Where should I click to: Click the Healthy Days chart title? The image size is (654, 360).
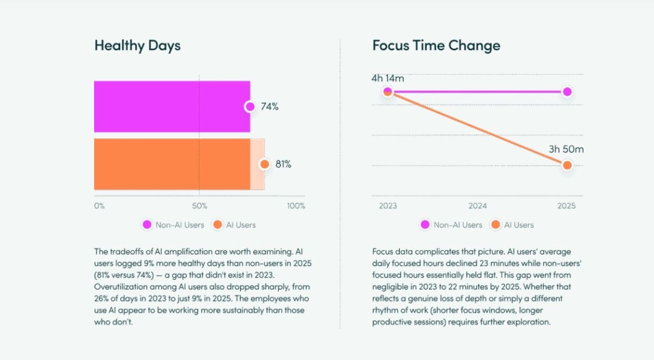click(x=138, y=46)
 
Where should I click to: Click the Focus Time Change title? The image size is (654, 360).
click(x=436, y=46)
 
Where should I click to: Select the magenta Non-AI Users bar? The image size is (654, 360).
click(x=172, y=106)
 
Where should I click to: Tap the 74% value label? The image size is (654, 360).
click(x=270, y=107)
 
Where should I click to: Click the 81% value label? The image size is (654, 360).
click(x=284, y=164)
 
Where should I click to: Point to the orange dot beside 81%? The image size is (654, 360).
click(x=264, y=164)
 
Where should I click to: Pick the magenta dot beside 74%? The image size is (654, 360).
click(x=250, y=107)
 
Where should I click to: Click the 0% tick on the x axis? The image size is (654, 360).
click(x=100, y=206)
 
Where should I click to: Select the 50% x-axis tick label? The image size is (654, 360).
click(x=200, y=206)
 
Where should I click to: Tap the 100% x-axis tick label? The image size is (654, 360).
click(x=296, y=206)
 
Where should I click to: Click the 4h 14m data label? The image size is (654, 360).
click(x=388, y=78)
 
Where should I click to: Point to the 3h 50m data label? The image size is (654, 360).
click(x=565, y=150)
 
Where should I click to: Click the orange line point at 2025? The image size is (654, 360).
click(x=567, y=165)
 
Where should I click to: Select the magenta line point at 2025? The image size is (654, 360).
click(x=567, y=92)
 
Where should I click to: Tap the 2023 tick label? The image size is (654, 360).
click(x=388, y=206)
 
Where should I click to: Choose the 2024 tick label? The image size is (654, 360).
click(x=477, y=206)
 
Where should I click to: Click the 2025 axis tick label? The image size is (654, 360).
click(x=567, y=206)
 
